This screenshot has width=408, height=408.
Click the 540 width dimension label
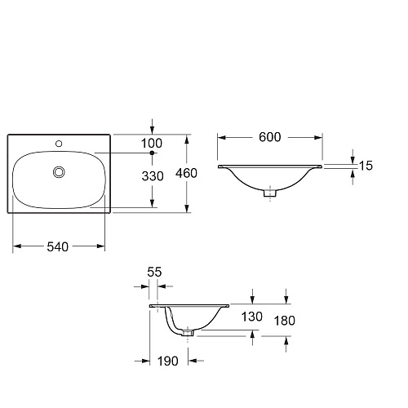pos(58,247)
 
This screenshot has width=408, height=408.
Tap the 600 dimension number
pos(270,137)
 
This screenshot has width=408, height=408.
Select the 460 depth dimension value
pos(186,173)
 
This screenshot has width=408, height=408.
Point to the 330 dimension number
pos(153,176)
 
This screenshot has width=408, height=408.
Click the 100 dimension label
pos(152,144)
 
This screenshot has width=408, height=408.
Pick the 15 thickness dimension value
pos(366,166)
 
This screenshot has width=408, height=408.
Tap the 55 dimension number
pos(154,272)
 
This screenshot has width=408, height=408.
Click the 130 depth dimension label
pos(252,317)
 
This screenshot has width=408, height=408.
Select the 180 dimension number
pos(285,321)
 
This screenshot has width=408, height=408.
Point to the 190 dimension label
pos(168,361)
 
